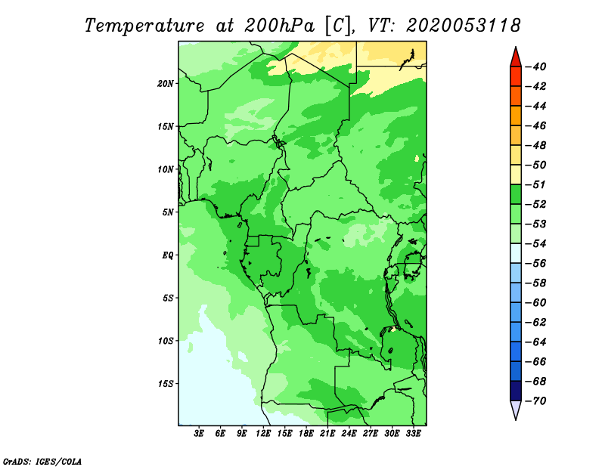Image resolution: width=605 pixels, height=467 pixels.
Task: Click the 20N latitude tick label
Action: (166, 84)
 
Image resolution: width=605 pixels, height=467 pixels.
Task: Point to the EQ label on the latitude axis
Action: (167, 255)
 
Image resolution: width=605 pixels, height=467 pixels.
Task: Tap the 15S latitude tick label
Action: (166, 384)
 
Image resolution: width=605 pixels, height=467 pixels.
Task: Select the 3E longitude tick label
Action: (199, 433)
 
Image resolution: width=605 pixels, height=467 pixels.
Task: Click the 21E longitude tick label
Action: (327, 433)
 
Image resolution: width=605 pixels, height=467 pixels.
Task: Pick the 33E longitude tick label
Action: (413, 433)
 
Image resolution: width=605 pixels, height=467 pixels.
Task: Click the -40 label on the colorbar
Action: (535, 66)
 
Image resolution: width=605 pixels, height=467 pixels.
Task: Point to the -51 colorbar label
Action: (535, 184)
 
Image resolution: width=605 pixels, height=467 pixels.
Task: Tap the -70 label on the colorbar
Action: (535, 401)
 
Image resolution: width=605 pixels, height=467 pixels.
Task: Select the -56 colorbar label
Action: (535, 264)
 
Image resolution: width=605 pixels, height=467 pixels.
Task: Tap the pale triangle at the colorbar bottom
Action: (516, 410)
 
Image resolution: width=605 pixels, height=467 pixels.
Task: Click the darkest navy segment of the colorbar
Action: (516, 391)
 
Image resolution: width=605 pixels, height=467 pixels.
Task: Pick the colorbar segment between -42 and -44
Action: (516, 96)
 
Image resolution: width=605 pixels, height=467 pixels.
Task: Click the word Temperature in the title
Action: (144, 26)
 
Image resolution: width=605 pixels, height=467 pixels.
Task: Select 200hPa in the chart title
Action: (279, 26)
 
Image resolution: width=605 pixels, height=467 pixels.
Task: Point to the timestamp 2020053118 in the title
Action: (464, 26)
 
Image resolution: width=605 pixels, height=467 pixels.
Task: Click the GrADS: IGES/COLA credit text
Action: (42, 462)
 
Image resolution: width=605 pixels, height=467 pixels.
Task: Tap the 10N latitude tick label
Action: (166, 169)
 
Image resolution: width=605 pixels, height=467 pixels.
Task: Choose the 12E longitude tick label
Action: (263, 433)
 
